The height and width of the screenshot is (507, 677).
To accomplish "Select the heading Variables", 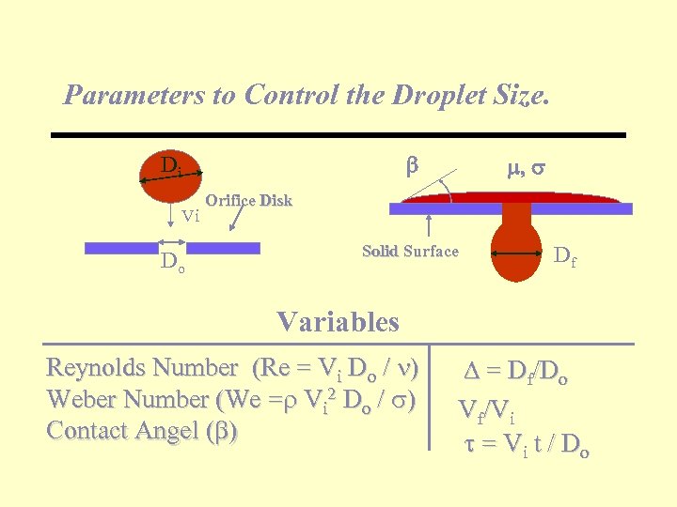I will (x=338, y=322).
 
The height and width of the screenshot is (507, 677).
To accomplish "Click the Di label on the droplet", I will (x=170, y=166).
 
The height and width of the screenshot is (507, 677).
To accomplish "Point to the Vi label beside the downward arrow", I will (x=190, y=216).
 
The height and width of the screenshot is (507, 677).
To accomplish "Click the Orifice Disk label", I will (x=248, y=200).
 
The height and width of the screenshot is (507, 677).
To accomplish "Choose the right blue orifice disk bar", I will (x=230, y=248).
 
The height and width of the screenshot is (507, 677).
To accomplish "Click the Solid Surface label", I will (x=410, y=251).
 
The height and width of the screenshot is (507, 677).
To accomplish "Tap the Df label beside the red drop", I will (x=564, y=254).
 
